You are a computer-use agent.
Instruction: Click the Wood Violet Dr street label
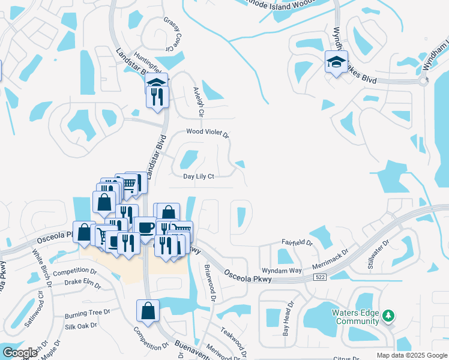(x=208, y=132)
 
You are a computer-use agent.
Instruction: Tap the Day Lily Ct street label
(x=199, y=176)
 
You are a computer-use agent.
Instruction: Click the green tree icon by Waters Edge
(x=388, y=315)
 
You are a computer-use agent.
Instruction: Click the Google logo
(x=19, y=353)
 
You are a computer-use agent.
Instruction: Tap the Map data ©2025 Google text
(x=411, y=355)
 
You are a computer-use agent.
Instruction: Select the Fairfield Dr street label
(x=298, y=242)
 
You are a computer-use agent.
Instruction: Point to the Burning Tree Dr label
(x=88, y=313)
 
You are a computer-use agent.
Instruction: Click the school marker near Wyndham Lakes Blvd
(x=336, y=61)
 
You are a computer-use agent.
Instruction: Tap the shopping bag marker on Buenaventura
(x=148, y=311)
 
